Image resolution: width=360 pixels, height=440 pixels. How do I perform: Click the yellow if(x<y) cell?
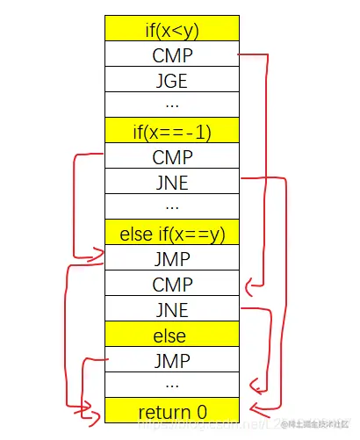(171, 28)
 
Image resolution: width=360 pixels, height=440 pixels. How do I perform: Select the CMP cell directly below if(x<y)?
(171, 54)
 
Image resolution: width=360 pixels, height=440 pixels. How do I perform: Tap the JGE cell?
(171, 79)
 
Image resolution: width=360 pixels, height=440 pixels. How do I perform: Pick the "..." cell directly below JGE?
(171, 105)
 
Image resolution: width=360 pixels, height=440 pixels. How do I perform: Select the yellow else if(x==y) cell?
(171, 233)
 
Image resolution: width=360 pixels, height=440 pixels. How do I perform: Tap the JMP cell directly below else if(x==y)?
(171, 258)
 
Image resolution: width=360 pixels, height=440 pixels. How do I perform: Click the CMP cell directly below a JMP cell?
(171, 284)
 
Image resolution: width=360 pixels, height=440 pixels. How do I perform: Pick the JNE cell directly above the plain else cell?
(171, 309)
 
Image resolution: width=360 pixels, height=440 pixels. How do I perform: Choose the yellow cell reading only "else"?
(171, 335)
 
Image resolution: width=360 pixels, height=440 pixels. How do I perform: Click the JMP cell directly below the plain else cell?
(171, 360)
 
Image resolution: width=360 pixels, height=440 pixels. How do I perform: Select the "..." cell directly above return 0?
(171, 386)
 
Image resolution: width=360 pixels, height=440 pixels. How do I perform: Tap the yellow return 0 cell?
(171, 411)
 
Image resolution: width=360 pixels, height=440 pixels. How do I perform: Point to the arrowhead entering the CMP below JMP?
(249, 284)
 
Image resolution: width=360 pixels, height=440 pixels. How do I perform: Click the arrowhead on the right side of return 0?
(252, 408)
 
